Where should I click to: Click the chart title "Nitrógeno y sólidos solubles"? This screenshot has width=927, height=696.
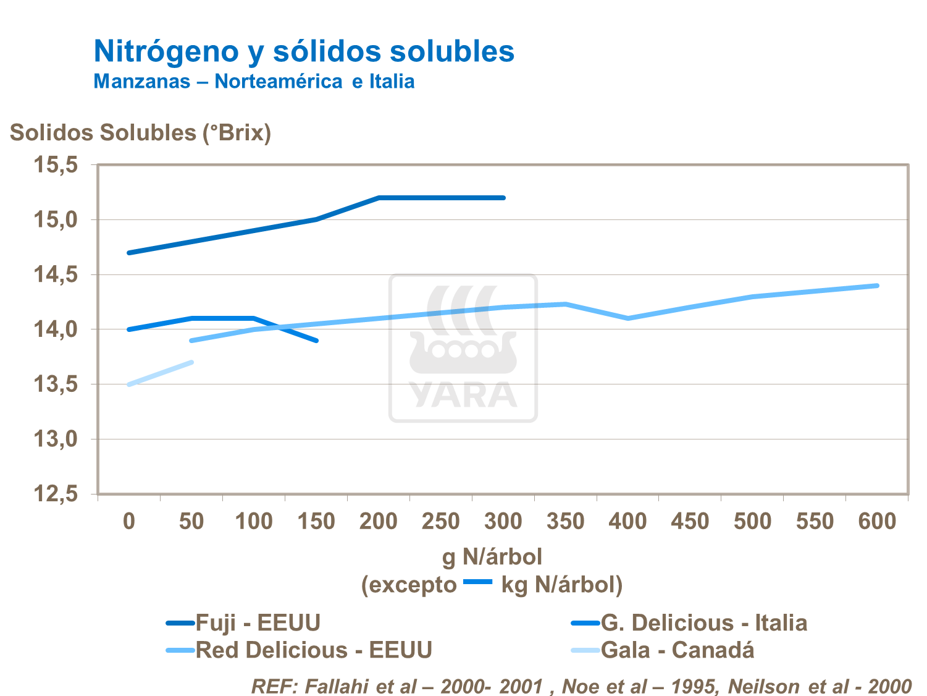pos(304,51)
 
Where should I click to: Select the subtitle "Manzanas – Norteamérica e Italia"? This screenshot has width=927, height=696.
pos(254,82)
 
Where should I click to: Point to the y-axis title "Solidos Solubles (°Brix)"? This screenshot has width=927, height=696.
pos(140,133)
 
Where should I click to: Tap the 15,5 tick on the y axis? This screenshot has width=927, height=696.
pos(56,165)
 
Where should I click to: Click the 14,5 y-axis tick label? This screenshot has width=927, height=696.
pos(56,275)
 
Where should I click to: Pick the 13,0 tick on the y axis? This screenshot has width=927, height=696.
pos(56,439)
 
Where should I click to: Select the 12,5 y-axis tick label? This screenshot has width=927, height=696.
pos(56,494)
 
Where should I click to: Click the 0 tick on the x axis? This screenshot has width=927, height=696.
pos(129,522)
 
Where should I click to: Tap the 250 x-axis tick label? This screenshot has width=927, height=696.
pos(440,522)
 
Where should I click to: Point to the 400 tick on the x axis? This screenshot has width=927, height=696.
pos(627,522)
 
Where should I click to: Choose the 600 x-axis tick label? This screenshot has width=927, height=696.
pos(878,522)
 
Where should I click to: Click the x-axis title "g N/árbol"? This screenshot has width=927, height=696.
pos(492,558)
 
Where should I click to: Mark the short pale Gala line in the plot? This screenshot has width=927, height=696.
pos(161,373)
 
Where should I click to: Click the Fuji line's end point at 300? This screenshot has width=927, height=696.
pos(503,198)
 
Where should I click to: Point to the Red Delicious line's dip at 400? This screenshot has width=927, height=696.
pos(628,318)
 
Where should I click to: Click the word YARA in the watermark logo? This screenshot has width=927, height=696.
pos(463,395)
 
